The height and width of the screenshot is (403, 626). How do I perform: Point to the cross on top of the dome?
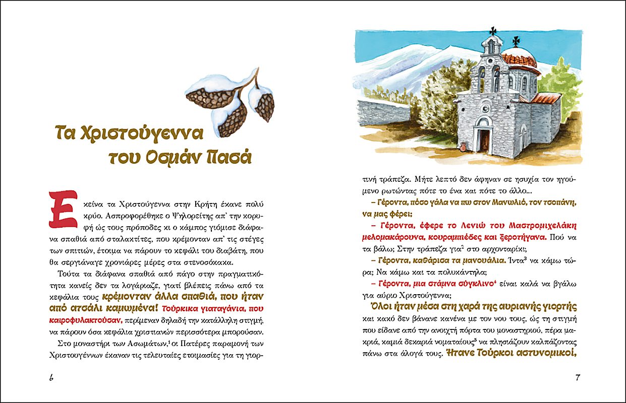516,40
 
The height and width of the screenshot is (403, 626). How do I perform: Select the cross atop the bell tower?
492,30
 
